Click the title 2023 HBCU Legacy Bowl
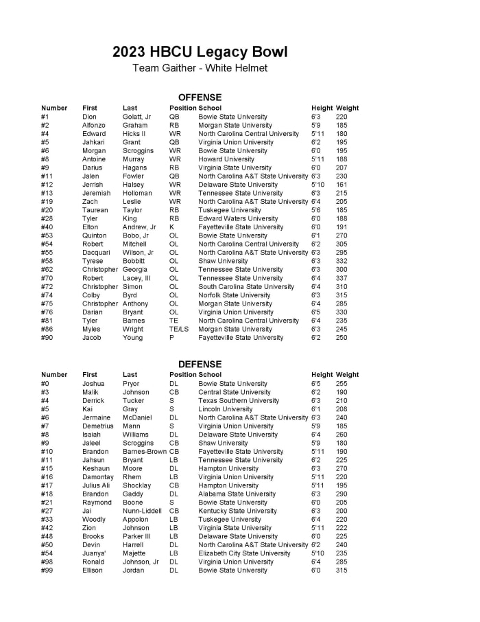pyautogui.click(x=200, y=52)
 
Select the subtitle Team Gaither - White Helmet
pyautogui.click(x=200, y=68)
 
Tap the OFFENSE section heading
pyautogui.click(x=200, y=97)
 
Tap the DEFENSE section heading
pyautogui.click(x=200, y=364)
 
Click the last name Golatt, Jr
pyautogui.click(x=136, y=117)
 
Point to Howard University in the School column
pyautogui.click(x=226, y=159)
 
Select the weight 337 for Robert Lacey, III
pyautogui.click(x=341, y=278)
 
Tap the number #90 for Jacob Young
pyautogui.click(x=47, y=338)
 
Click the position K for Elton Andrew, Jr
pyautogui.click(x=171, y=227)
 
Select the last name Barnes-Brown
pyautogui.click(x=145, y=452)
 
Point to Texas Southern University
pyautogui.click(x=239, y=401)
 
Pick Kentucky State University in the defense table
pyautogui.click(x=237, y=511)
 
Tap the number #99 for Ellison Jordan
pyautogui.click(x=47, y=571)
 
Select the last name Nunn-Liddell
pyautogui.click(x=142, y=511)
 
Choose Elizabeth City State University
pyautogui.click(x=244, y=553)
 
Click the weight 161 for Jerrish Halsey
pyautogui.click(x=341, y=185)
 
